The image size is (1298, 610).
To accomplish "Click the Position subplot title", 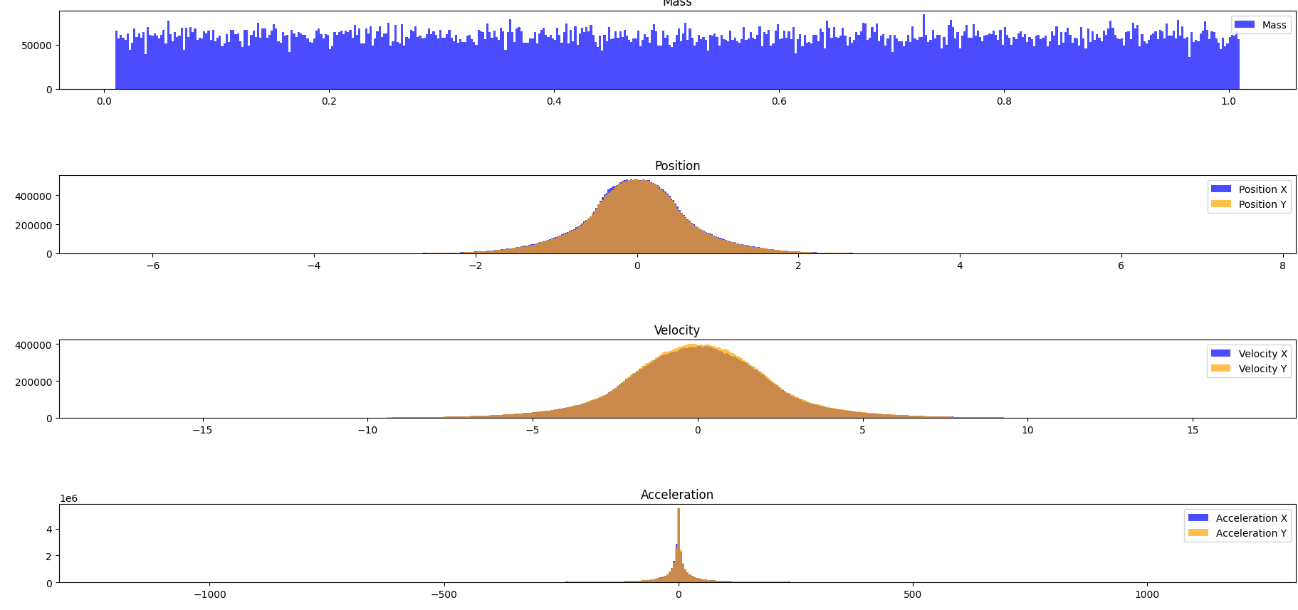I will [677, 166].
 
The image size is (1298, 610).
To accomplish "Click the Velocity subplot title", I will [676, 330].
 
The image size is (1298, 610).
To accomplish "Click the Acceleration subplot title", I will [676, 495].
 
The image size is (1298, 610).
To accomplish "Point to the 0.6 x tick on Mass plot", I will [779, 101].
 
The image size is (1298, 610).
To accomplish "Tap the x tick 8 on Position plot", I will [1282, 265].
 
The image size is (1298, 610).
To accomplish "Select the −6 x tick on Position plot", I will [152, 265].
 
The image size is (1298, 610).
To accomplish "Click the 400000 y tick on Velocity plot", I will [33, 345].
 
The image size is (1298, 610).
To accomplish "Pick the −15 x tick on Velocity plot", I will [202, 430].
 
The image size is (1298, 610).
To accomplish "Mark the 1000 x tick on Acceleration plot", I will [1146, 594].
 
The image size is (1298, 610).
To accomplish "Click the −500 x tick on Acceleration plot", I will [443, 594].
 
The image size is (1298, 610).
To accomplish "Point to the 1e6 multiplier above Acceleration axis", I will [68, 499].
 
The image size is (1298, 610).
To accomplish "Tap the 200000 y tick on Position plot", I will [33, 225].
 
